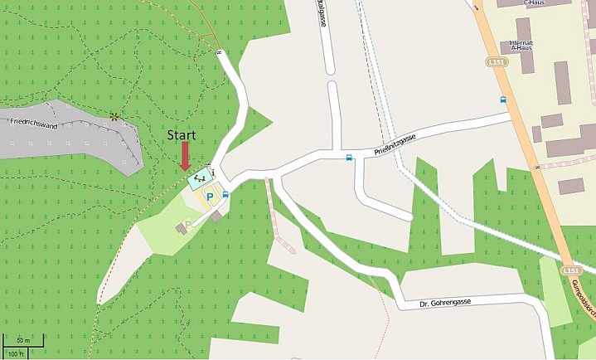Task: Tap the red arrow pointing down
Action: click(x=184, y=155)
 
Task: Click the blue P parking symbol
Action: click(x=210, y=197)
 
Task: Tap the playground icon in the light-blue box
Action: click(x=199, y=178)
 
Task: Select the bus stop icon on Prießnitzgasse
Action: click(x=349, y=157)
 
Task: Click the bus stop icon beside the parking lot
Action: click(x=225, y=194)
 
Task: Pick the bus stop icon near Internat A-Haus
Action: click(x=503, y=100)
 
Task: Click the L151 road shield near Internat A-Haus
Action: click(x=495, y=62)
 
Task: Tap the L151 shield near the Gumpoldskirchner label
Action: click(x=569, y=271)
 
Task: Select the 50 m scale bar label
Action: click(x=22, y=341)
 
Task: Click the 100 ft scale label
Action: click(x=17, y=353)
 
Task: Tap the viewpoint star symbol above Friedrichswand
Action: click(x=114, y=116)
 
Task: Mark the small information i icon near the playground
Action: click(x=212, y=173)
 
